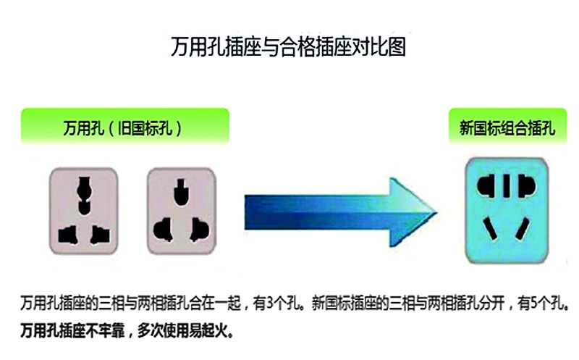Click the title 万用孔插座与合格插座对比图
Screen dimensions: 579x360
point(288,47)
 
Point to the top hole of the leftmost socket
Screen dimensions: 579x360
point(84,195)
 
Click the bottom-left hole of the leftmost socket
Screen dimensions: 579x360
point(67,235)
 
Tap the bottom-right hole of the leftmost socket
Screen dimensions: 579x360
point(100,235)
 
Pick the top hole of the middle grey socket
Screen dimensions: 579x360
point(181,192)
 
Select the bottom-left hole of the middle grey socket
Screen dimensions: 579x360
point(163,230)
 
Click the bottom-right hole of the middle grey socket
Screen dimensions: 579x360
point(200,230)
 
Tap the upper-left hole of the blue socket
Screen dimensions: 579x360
point(486,186)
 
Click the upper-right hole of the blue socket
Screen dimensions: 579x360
point(526,186)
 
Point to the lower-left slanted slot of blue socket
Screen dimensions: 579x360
point(490,229)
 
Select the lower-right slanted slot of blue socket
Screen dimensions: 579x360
point(522,229)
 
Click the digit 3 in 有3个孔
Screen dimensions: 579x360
point(270,304)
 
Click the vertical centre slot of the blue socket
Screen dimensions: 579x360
point(507,186)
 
